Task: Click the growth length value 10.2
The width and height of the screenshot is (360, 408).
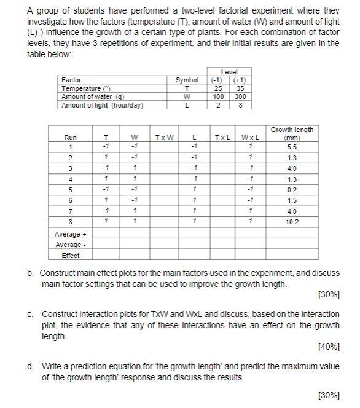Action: [292, 222]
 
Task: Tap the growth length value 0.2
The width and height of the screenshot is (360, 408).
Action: [292, 190]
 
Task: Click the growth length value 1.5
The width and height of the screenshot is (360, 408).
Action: [292, 201]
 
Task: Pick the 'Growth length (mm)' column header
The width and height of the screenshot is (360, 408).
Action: [292, 133]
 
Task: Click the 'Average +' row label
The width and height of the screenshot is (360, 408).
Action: [68, 234]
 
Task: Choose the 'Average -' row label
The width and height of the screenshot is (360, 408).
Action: [68, 245]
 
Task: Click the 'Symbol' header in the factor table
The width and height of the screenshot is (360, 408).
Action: [187, 80]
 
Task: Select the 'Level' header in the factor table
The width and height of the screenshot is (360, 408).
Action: [228, 72]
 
